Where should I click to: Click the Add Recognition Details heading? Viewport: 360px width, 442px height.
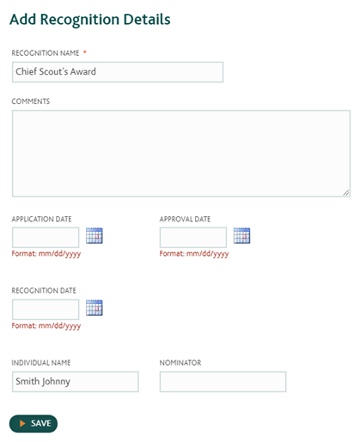click(90, 20)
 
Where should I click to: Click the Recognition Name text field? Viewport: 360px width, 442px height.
click(118, 72)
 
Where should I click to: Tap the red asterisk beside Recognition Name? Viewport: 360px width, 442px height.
click(85, 52)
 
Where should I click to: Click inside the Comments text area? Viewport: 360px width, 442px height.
click(181, 154)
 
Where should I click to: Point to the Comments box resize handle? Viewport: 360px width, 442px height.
click(346, 193)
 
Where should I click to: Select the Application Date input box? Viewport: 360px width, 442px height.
click(46, 238)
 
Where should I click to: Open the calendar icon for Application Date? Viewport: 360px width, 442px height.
click(95, 236)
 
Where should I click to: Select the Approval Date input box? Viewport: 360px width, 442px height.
click(193, 238)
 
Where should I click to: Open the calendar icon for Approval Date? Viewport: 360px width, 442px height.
click(241, 236)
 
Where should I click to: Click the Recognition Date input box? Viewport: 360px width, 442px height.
click(46, 310)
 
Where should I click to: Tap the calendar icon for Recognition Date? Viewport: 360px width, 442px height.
click(95, 308)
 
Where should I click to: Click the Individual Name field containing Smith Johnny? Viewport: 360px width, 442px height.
click(76, 382)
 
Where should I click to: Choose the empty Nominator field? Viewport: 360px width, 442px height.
click(223, 382)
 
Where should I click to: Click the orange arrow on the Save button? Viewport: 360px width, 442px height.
click(22, 423)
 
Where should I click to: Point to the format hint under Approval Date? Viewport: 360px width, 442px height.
click(194, 254)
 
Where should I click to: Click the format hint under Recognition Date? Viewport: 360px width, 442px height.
click(46, 326)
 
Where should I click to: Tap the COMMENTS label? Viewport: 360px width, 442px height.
click(31, 101)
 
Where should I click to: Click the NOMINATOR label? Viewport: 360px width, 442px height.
click(180, 363)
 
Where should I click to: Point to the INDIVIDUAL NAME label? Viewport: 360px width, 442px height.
click(41, 363)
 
